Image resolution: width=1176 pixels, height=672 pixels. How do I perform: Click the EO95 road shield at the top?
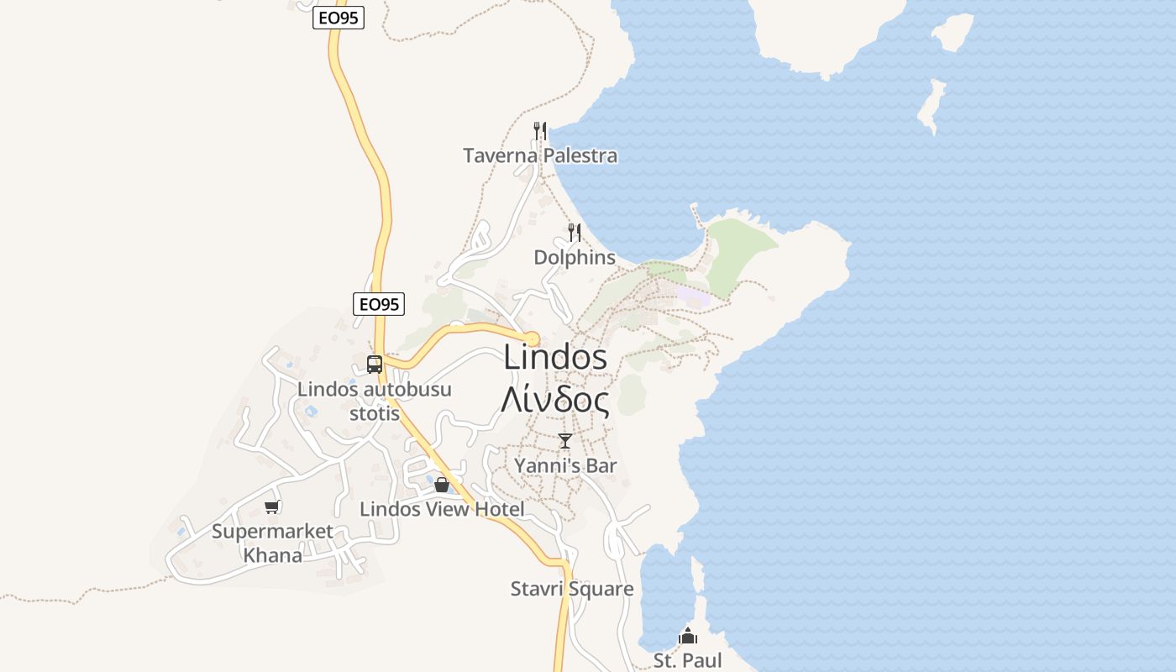click(x=339, y=18)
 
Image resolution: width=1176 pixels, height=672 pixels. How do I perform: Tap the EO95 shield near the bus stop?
click(x=379, y=304)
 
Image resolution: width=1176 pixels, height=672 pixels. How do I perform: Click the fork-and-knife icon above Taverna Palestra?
click(x=540, y=130)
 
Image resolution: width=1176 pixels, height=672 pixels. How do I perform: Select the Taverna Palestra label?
click(x=540, y=155)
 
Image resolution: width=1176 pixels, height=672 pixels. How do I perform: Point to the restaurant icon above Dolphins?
click(x=575, y=232)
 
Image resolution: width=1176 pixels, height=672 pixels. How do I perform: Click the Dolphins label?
click(x=575, y=257)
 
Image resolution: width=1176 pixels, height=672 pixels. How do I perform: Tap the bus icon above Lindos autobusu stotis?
click(x=375, y=365)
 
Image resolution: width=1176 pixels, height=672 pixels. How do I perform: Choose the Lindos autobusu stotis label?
click(x=375, y=401)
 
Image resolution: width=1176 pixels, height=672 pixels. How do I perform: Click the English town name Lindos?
click(x=555, y=357)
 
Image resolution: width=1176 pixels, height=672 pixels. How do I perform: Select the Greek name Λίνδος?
click(x=555, y=400)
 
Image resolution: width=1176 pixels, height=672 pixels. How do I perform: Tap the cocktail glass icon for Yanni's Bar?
click(x=565, y=441)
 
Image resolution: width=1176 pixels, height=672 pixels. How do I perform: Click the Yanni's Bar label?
click(x=565, y=465)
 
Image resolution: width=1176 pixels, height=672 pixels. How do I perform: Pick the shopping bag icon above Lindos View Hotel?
click(x=442, y=485)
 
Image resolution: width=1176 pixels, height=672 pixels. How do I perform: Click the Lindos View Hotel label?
click(x=442, y=509)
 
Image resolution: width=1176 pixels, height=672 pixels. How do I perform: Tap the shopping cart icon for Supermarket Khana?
click(x=271, y=507)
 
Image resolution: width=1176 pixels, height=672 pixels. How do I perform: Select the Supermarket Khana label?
click(x=272, y=543)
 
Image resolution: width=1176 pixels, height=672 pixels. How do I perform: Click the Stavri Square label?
click(x=572, y=589)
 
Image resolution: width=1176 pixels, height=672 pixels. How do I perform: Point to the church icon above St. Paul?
click(x=688, y=636)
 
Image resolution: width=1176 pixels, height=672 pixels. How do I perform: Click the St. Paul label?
click(x=688, y=660)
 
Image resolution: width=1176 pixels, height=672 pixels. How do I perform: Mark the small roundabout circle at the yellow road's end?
click(x=533, y=339)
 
